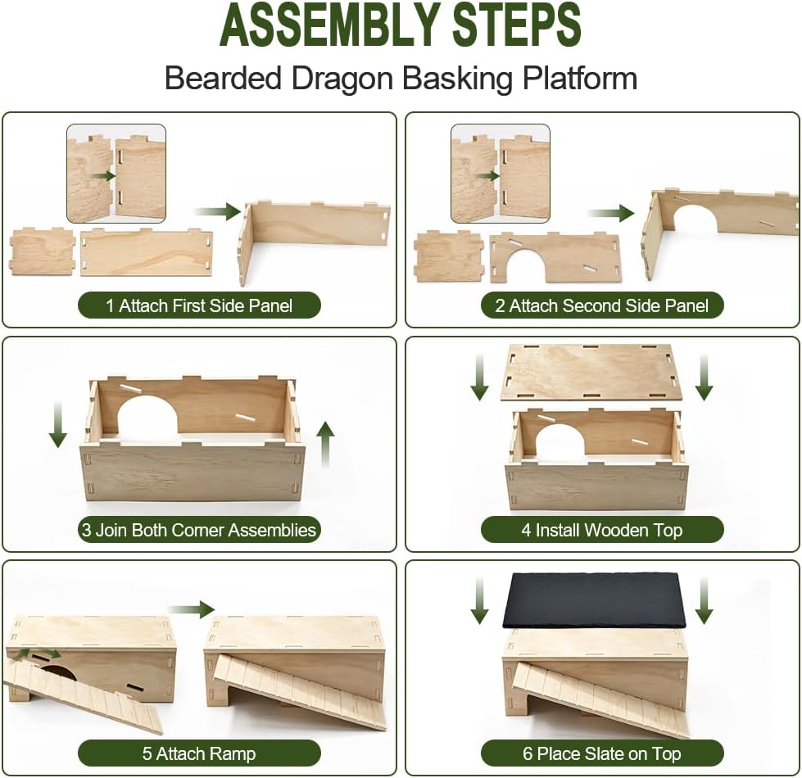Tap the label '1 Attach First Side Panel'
[199, 305]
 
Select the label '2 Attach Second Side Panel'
[602, 305]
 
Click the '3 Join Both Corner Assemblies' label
[199, 530]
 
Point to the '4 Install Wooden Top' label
[602, 530]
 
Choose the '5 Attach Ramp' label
[199, 753]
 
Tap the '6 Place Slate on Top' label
[602, 753]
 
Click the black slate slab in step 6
[595, 600]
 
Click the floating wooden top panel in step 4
[592, 372]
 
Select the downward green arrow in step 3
[58, 424]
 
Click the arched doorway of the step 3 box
[147, 416]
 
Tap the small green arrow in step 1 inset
[102, 176]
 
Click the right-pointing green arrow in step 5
[192, 608]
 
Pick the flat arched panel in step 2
[555, 257]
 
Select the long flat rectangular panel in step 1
[147, 252]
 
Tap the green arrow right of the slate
[705, 601]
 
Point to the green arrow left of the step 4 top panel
[479, 378]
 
